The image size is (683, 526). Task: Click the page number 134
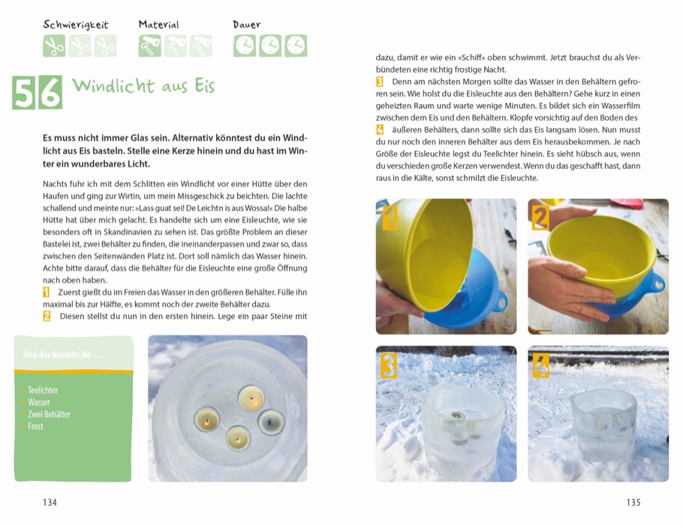50,503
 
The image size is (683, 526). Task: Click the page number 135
633,503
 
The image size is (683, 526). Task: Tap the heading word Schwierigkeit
75,25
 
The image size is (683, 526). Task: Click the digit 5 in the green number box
24,93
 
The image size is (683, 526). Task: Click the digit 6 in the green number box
50,93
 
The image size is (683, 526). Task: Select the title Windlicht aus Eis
143,86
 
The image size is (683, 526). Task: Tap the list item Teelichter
43,390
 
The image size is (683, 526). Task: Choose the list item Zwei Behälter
49,414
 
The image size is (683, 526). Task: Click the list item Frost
35,426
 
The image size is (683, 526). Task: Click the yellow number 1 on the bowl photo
389,218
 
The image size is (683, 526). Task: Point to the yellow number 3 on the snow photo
389,365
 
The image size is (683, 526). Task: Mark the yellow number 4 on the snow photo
540,365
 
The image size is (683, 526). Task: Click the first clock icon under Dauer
245,46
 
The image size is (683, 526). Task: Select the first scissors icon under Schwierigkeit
54,46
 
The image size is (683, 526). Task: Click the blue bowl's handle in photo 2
659,284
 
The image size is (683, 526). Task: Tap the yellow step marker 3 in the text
380,81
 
